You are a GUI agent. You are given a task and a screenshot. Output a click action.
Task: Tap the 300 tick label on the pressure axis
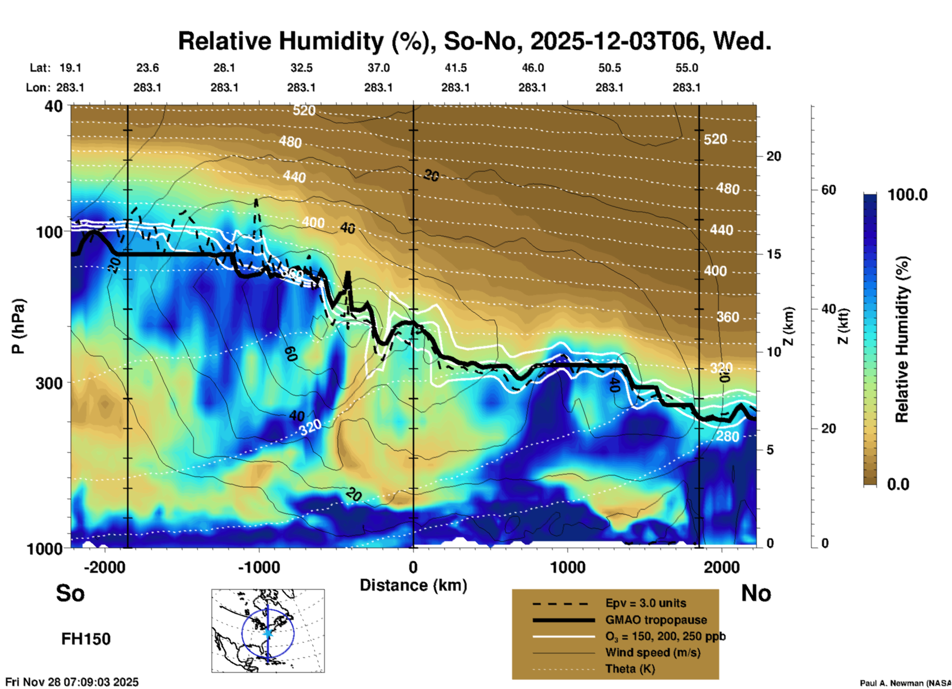click(x=49, y=383)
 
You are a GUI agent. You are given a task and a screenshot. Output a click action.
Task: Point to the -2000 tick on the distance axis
click(x=104, y=567)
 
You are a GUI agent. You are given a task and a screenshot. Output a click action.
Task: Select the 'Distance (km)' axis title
click(x=413, y=585)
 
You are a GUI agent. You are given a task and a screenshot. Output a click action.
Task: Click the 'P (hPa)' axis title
click(x=18, y=326)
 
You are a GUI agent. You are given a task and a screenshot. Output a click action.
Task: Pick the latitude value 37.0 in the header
click(x=378, y=68)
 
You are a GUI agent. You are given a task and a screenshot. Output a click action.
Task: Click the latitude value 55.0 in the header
click(x=687, y=68)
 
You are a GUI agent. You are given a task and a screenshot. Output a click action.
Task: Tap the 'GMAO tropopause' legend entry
click(x=656, y=620)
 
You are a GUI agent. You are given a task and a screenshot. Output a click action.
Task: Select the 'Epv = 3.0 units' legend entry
click(x=646, y=603)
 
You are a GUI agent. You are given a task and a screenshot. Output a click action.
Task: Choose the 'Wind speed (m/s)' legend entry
click(x=652, y=652)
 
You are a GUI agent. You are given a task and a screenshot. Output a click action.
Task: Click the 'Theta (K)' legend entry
click(x=630, y=669)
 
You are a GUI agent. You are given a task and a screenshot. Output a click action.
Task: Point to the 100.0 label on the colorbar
click(x=908, y=195)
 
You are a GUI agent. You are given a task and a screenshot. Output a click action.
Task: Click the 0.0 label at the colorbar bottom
click(x=898, y=484)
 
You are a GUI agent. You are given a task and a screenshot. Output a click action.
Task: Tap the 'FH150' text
click(x=86, y=639)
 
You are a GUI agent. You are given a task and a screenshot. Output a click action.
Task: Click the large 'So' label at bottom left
click(x=70, y=593)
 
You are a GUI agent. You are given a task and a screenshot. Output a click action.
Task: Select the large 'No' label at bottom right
click(x=756, y=593)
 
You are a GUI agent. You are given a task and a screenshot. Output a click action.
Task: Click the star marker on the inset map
click(x=268, y=633)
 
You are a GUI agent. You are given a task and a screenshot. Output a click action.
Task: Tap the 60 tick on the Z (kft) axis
click(x=828, y=190)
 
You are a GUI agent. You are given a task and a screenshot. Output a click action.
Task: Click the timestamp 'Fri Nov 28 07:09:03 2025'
click(x=72, y=682)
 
